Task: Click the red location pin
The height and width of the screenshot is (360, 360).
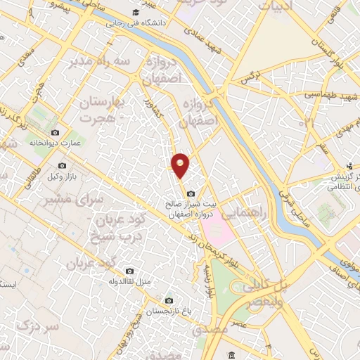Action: tap(181, 163)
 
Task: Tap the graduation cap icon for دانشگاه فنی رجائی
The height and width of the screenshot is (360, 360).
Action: tap(136, 13)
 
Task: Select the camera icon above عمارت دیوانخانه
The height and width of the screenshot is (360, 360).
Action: tap(56, 132)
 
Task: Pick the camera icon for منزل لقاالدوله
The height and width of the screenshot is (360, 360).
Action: tap(129, 271)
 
